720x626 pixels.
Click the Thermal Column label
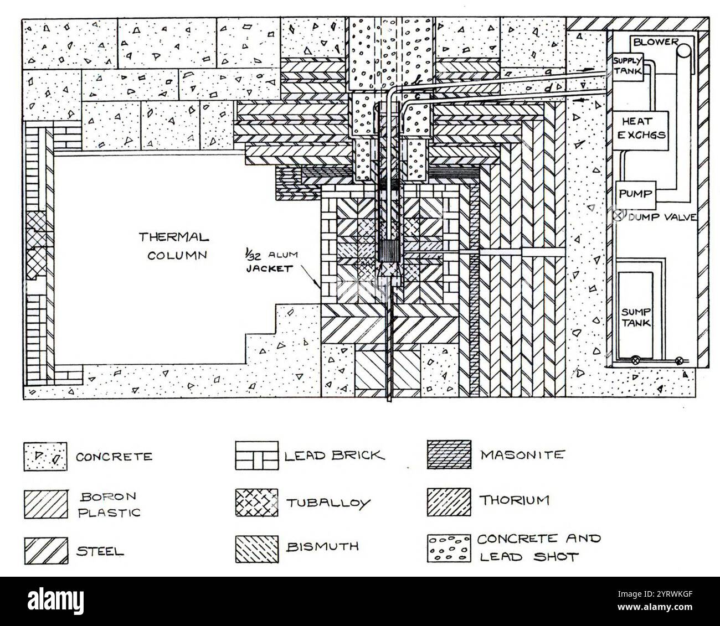[174, 246]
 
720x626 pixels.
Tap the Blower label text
[655, 42]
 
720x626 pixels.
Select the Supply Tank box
[628, 66]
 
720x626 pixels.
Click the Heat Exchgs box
[641, 131]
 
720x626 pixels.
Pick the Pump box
[636, 195]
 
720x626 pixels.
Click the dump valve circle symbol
[619, 215]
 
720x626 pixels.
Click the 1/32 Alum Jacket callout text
[272, 262]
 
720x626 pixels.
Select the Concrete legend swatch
[45, 457]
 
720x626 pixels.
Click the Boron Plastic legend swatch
[46, 504]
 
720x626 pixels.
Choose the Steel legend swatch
[46, 550]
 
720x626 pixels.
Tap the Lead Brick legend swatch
[256, 456]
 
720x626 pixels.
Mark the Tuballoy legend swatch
[256, 502]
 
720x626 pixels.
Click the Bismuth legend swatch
[257, 549]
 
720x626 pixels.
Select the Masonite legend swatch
[449, 454]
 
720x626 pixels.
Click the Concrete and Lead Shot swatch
[449, 549]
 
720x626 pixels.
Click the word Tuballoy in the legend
[328, 503]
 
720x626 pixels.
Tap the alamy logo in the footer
[56, 600]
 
